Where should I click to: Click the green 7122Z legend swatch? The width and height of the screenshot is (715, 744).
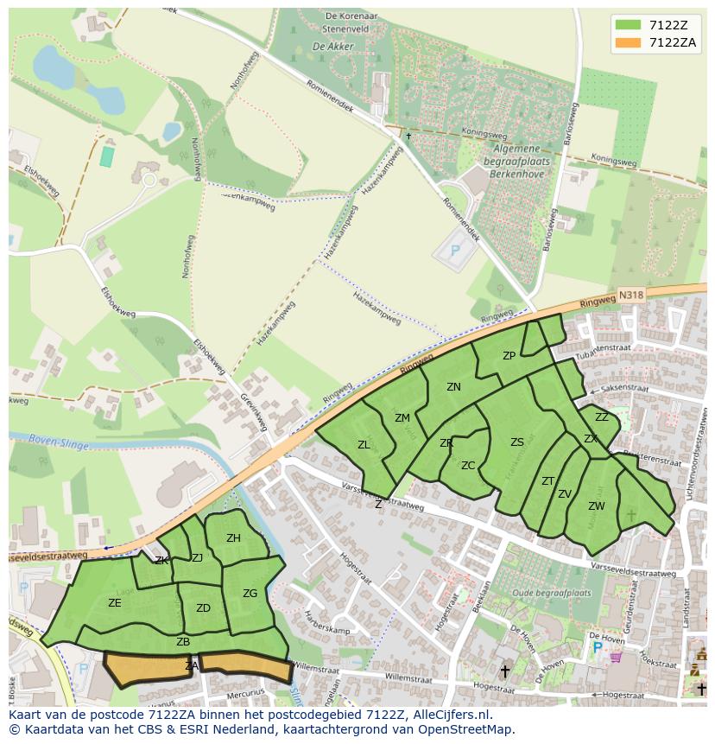point(629,25)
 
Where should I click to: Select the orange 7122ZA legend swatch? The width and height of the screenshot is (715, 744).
point(629,42)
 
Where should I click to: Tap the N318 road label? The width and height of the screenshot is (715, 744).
point(630,296)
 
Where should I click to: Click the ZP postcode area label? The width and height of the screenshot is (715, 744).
point(509,356)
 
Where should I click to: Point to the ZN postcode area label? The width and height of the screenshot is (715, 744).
point(453,387)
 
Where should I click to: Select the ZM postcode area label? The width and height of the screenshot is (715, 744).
point(402,418)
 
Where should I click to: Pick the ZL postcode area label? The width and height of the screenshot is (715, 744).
point(364,445)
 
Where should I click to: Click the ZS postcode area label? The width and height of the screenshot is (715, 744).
point(516,442)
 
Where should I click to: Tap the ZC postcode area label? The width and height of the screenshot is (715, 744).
point(468,466)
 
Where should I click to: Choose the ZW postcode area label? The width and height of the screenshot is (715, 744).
point(596,506)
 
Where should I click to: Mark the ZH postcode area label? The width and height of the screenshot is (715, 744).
point(233,538)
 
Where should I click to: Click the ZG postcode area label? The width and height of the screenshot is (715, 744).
point(250,594)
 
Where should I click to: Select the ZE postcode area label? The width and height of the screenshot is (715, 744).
point(115,603)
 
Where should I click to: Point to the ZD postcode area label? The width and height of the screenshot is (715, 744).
point(203,608)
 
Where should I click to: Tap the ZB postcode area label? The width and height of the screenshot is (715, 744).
point(183,642)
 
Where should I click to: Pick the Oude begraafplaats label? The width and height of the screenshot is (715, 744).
point(551,593)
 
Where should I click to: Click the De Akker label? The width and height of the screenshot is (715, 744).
point(329,46)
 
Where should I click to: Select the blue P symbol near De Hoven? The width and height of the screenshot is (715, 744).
point(597,646)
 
